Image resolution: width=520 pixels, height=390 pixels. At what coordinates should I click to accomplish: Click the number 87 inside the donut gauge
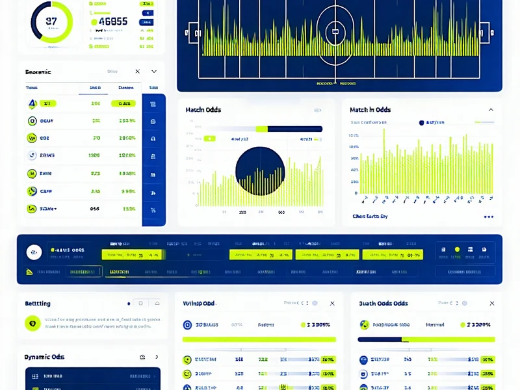pyautogui.click(x=51, y=21)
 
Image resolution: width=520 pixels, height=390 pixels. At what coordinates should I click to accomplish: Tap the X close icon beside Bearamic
pyautogui.click(x=138, y=71)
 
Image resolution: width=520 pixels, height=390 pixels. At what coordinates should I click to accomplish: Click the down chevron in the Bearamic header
pyautogui.click(x=154, y=71)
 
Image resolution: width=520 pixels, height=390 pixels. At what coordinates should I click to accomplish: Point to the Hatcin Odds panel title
pyautogui.click(x=203, y=110)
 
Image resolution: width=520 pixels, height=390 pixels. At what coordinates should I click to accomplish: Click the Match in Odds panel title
pyautogui.click(x=370, y=110)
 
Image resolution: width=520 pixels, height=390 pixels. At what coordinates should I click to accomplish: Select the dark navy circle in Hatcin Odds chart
pyautogui.click(x=259, y=171)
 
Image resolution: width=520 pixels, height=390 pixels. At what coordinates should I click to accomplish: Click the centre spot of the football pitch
pyautogui.click(x=335, y=29)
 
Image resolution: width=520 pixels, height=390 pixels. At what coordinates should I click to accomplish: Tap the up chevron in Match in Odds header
pyautogui.click(x=491, y=110)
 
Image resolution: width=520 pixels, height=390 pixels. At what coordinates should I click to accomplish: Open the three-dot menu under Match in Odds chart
pyautogui.click(x=489, y=217)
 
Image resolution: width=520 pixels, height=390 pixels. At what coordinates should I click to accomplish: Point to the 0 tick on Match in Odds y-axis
pyautogui.click(x=356, y=193)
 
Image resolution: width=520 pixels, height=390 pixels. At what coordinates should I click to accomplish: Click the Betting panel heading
pyautogui.click(x=38, y=304)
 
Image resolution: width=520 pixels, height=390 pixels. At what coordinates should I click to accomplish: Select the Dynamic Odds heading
pyautogui.click(x=44, y=357)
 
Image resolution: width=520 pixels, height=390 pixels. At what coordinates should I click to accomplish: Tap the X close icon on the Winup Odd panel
pyautogui.click(x=332, y=304)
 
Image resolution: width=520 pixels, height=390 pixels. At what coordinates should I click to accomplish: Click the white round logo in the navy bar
pyautogui.click(x=34, y=252)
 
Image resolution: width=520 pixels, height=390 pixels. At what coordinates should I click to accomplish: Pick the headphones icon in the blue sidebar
pyautogui.click(x=153, y=139)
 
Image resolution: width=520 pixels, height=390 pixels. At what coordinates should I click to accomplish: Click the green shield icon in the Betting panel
pyautogui.click(x=32, y=323)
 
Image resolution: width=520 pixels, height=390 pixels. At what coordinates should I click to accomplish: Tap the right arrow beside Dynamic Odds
pyautogui.click(x=157, y=357)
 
